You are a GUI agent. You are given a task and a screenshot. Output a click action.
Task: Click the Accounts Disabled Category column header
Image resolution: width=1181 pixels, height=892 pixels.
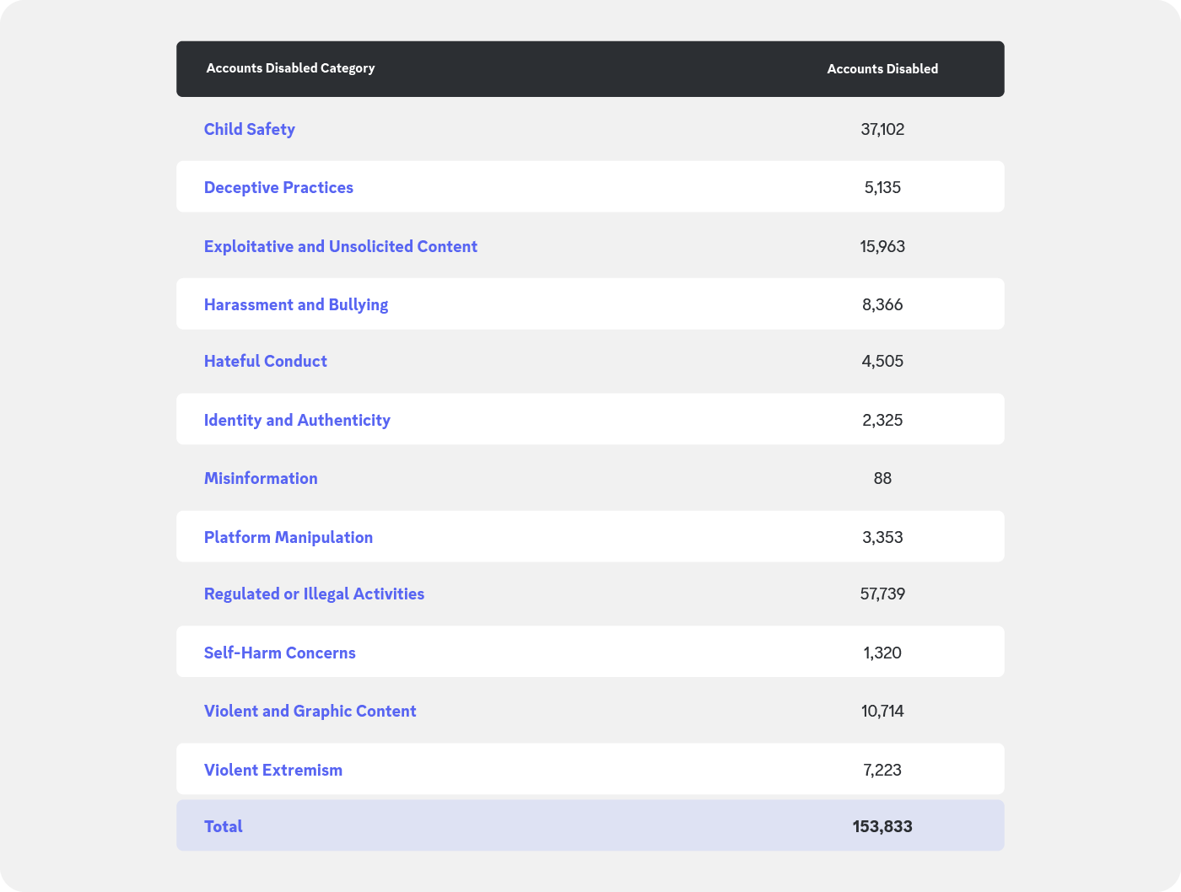tap(290, 68)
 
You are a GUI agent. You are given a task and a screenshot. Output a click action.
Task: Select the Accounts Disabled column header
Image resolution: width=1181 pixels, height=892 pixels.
tap(882, 69)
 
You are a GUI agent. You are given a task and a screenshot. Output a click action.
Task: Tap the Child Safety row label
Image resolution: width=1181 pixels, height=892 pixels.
tap(250, 130)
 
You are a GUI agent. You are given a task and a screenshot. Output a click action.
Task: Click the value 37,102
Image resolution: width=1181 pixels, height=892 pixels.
tap(882, 130)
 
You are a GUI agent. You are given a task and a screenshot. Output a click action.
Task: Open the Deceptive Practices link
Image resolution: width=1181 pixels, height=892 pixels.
tap(278, 188)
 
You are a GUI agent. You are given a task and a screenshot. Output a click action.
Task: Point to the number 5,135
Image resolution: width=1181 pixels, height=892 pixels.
tap(882, 188)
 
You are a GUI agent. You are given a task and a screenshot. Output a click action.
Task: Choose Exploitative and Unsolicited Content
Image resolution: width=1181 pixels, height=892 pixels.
tap(341, 246)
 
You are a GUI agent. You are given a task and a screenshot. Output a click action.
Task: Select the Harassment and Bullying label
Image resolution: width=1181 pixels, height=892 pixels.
tap(296, 305)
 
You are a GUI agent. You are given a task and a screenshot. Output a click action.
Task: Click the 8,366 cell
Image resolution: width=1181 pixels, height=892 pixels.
tap(882, 305)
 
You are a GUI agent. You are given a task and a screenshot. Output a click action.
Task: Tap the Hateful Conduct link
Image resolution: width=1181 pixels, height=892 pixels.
tap(265, 362)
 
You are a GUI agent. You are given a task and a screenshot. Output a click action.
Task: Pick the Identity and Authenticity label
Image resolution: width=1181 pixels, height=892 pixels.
tap(297, 421)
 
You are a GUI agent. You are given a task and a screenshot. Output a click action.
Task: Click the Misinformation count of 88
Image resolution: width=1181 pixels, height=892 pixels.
tap(882, 479)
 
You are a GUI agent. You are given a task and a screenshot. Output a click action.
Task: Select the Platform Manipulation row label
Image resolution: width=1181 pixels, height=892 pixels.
tap(289, 538)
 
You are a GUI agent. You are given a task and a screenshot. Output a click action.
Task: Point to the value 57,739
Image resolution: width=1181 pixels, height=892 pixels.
tap(882, 594)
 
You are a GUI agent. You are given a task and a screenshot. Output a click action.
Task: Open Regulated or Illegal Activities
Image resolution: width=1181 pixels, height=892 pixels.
tap(314, 594)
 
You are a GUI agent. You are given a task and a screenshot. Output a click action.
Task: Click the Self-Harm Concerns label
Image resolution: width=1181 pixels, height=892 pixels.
tap(280, 653)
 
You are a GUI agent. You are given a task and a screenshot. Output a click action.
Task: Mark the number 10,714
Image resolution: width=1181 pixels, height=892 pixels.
tap(882, 712)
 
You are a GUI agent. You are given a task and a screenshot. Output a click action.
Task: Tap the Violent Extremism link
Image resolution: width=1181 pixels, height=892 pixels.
tap(273, 770)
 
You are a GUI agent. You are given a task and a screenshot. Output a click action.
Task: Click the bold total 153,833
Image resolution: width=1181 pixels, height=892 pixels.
tap(882, 826)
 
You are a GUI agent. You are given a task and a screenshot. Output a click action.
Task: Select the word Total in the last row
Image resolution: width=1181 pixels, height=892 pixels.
tap(224, 826)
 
